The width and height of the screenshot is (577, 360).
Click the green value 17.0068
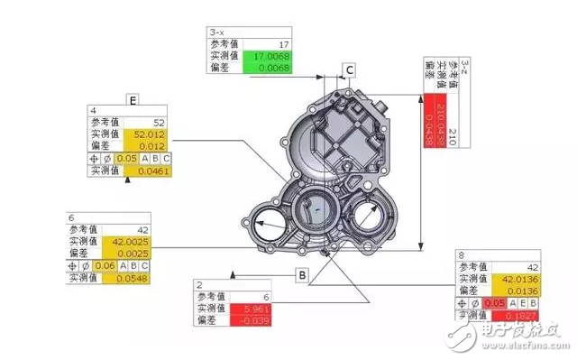click(267, 55)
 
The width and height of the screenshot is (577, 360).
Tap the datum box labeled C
click(349, 69)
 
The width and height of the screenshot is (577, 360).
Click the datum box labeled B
click(302, 273)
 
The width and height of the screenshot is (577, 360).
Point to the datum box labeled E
click(133, 99)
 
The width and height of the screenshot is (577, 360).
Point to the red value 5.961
click(253, 309)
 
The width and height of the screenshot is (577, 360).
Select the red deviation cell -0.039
click(253, 321)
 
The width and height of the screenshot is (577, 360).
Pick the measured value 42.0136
click(519, 281)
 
